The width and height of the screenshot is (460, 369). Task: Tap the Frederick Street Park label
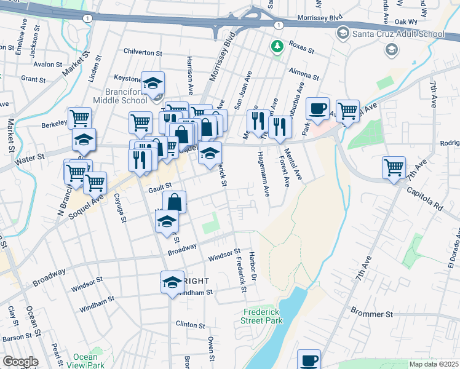click(x=263, y=316)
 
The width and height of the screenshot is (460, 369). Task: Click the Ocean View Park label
click(x=85, y=361)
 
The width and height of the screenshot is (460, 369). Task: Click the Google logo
click(x=20, y=362)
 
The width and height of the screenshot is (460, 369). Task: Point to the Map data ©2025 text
click(x=434, y=364)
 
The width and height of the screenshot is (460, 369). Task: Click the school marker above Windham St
click(x=172, y=283)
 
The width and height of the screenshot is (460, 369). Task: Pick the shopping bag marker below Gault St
click(x=175, y=202)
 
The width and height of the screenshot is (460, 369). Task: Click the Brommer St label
click(x=371, y=314)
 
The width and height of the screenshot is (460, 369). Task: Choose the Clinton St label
click(x=191, y=324)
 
